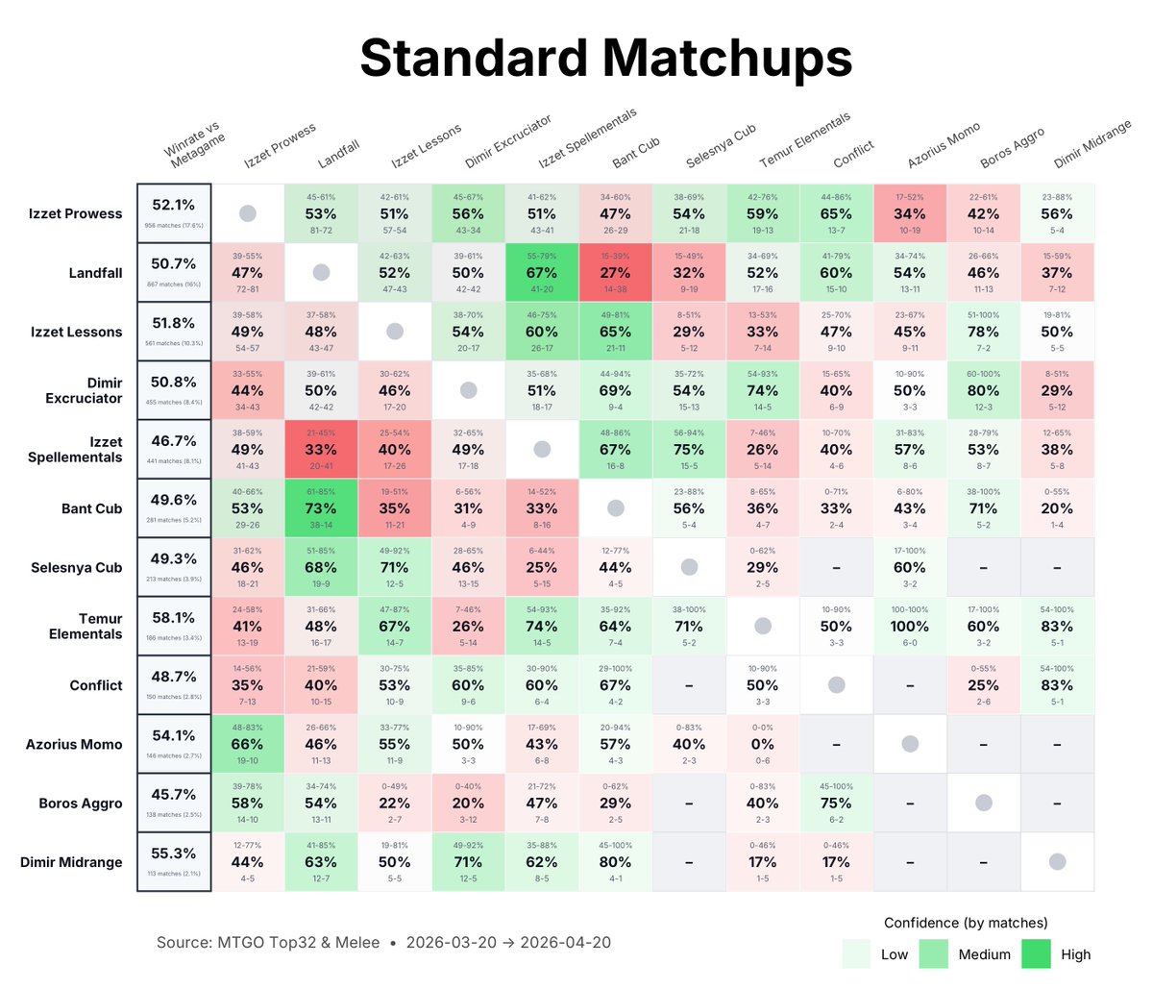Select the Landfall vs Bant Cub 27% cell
(x=615, y=273)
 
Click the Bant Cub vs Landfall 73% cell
(x=321, y=508)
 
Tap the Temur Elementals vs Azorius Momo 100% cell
(x=910, y=626)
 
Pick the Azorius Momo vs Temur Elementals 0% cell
(x=762, y=744)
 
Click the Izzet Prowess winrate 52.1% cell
(x=174, y=213)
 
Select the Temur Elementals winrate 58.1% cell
(x=174, y=626)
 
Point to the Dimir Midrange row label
(x=71, y=862)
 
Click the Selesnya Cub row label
(x=76, y=567)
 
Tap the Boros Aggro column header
(x=1012, y=149)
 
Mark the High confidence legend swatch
(x=1036, y=953)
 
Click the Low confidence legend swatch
(x=856, y=953)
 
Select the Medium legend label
(x=984, y=954)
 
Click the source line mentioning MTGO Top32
(x=383, y=942)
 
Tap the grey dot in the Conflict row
(x=836, y=685)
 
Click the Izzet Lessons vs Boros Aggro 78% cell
(x=983, y=332)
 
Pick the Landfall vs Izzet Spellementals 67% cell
(x=542, y=273)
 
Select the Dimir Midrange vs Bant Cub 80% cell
(x=615, y=862)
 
